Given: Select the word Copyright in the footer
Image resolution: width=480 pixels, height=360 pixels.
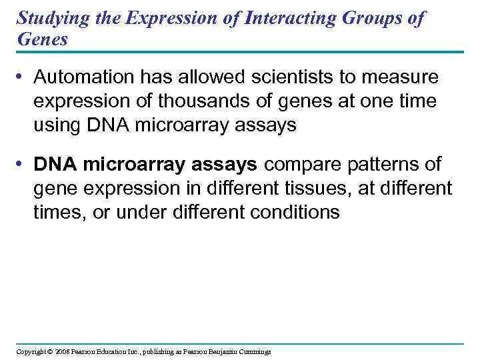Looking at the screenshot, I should tap(31, 351).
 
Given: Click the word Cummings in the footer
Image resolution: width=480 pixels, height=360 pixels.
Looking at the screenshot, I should tap(253, 351).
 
